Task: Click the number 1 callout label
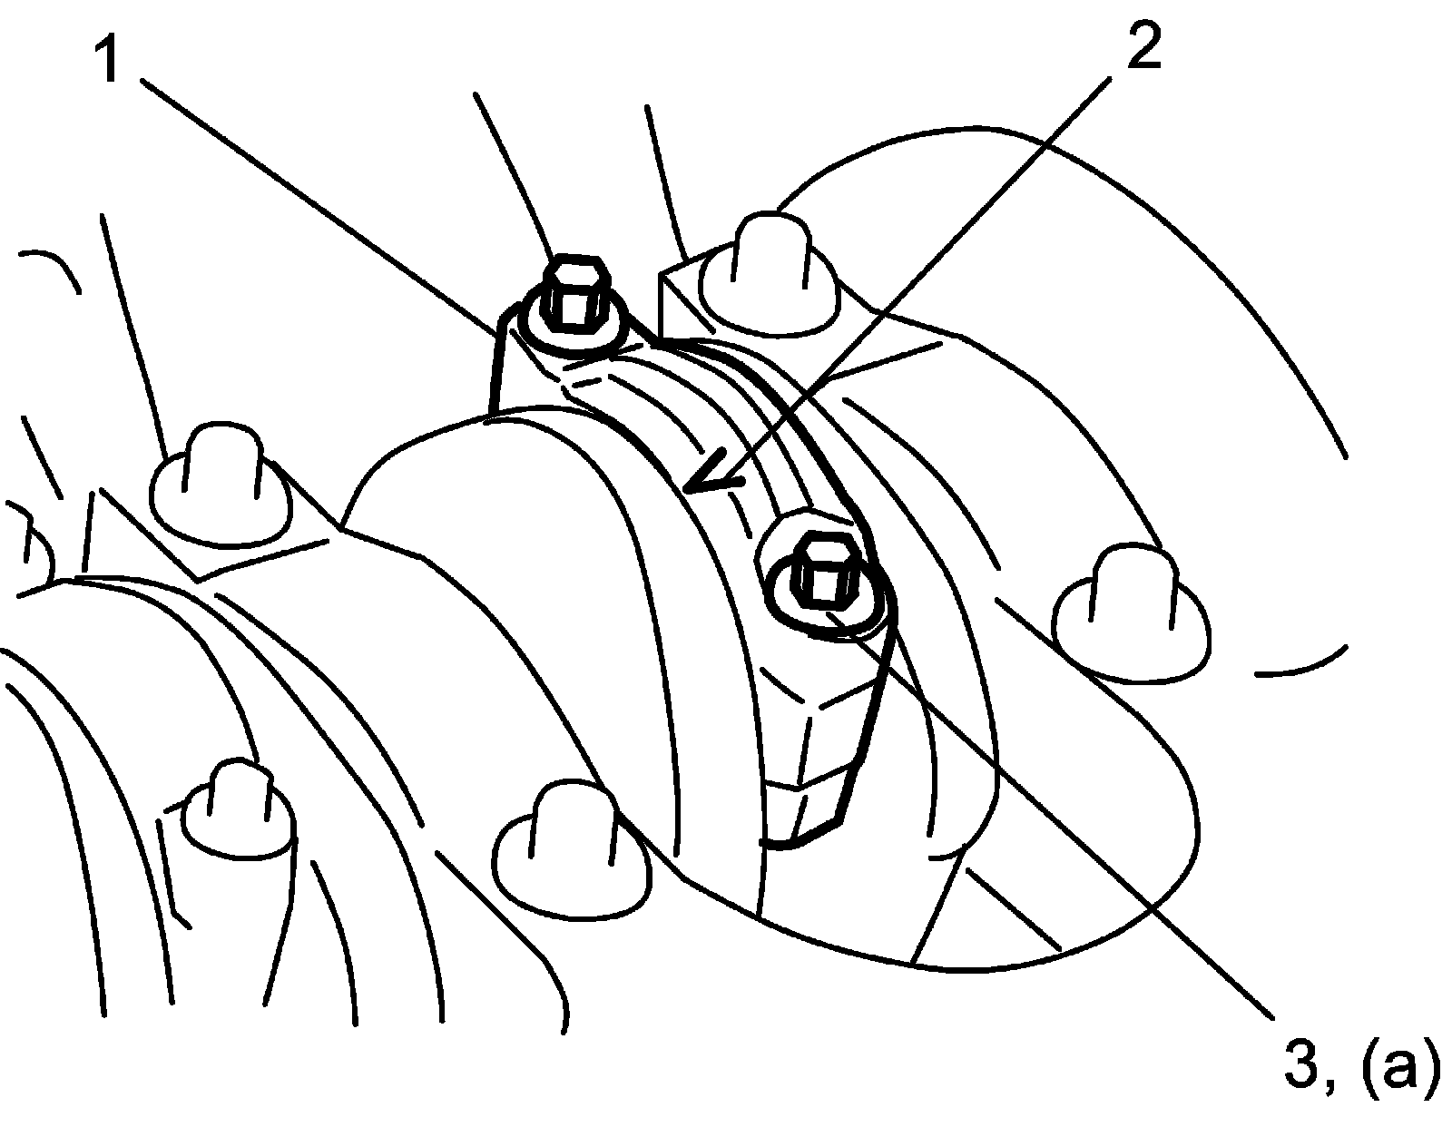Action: [108, 59]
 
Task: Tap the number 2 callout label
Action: [1144, 44]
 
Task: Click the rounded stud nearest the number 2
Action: [770, 275]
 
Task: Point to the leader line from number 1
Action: [319, 208]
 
